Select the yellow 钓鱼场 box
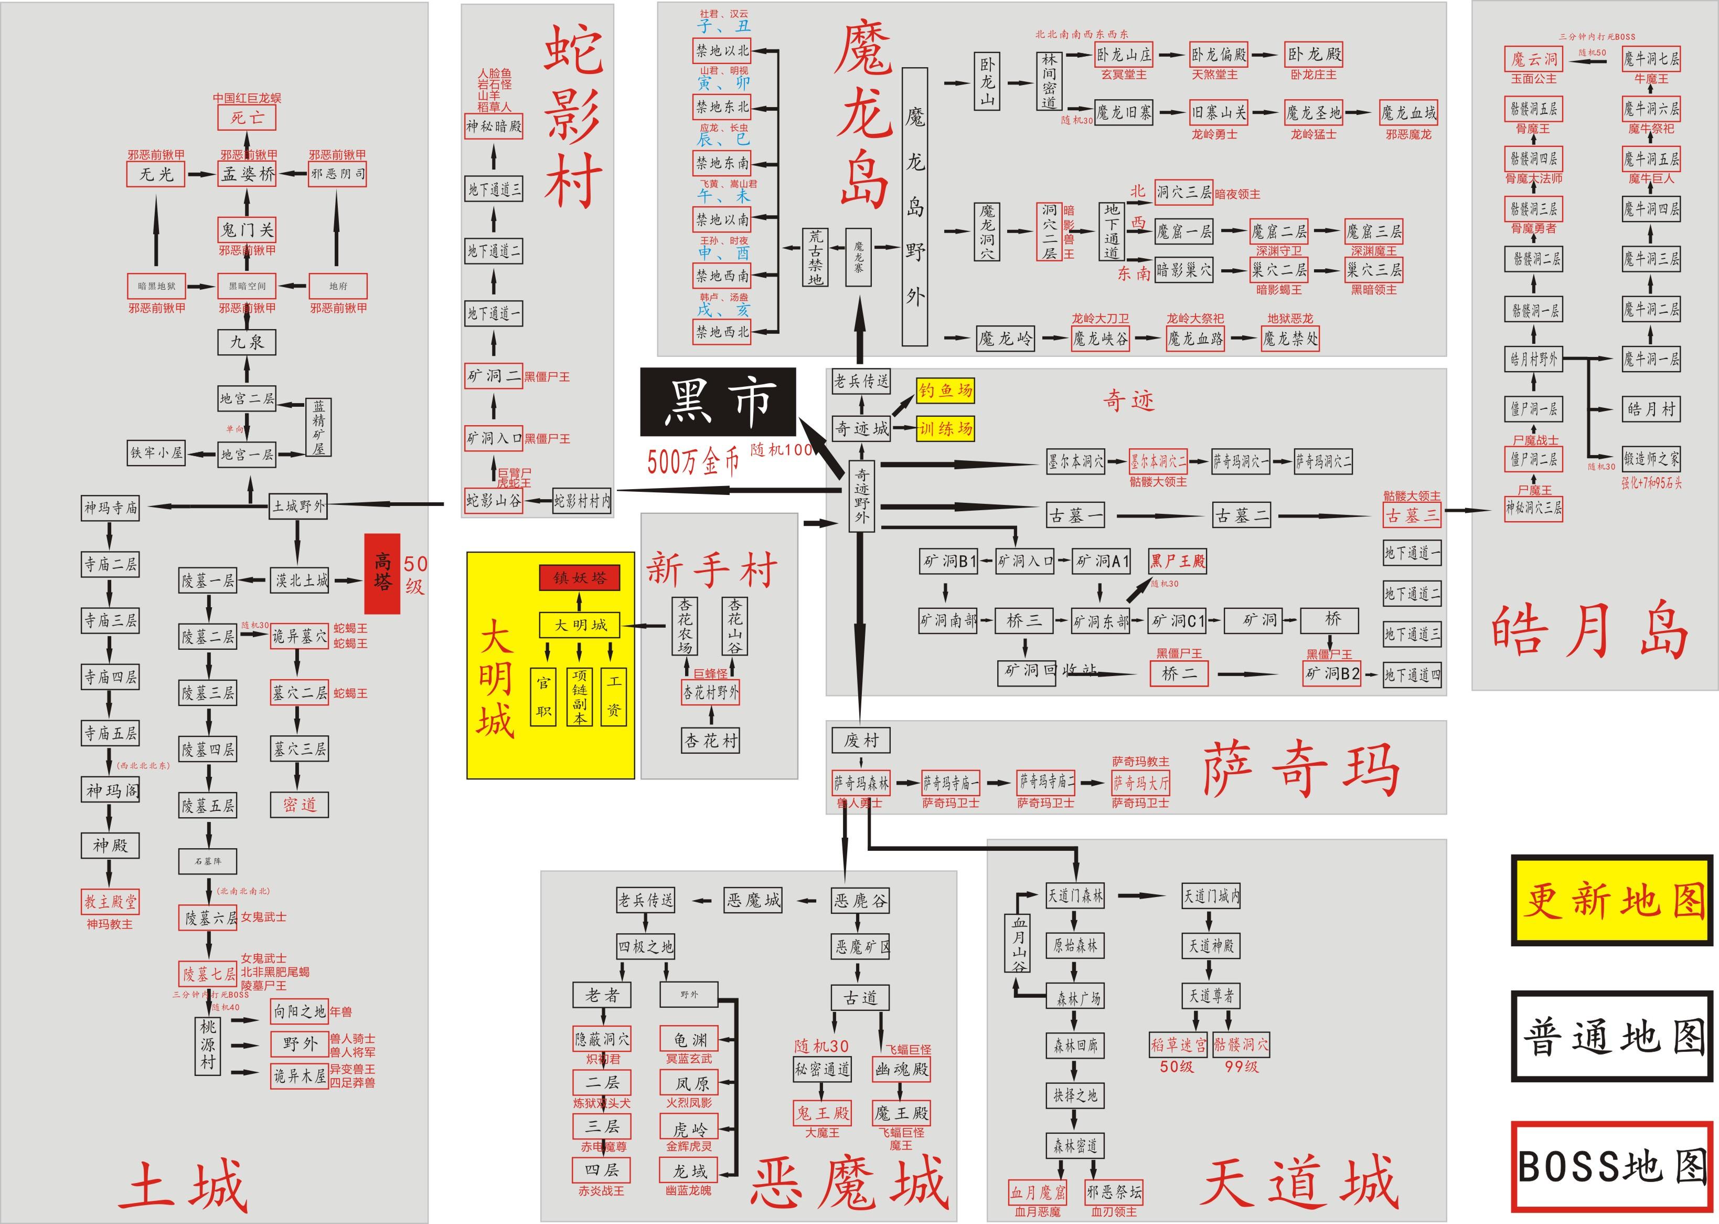point(945,391)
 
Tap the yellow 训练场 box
point(945,429)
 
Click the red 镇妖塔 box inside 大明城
point(579,578)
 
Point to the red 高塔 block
point(382,574)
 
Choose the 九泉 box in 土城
point(247,342)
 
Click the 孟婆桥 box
point(247,174)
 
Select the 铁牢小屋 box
point(157,453)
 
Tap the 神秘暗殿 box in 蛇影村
point(494,126)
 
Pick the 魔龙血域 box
point(1408,113)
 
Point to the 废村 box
point(860,740)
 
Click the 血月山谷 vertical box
point(1019,942)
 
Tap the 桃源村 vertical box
point(208,1044)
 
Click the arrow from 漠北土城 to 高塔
point(348,581)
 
